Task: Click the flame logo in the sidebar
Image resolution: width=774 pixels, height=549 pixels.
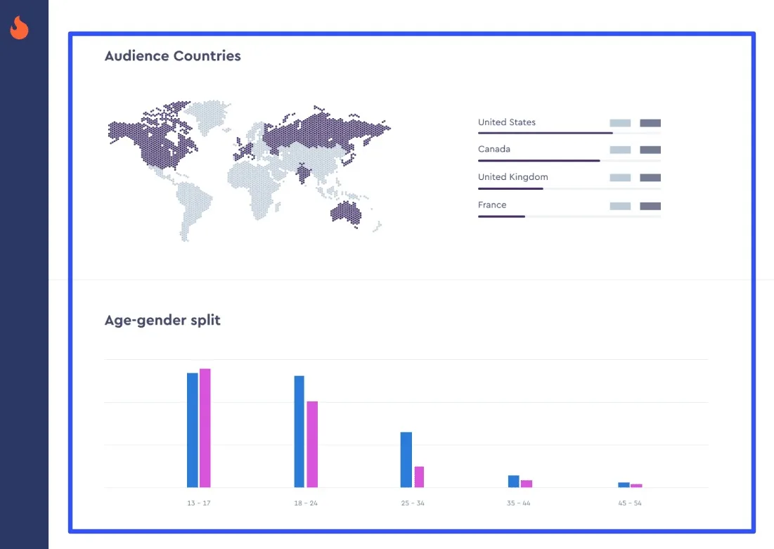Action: [20, 28]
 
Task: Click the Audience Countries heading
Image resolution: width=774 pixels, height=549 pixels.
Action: [172, 56]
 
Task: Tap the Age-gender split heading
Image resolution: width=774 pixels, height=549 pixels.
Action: [162, 321]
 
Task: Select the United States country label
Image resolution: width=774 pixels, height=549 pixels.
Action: [506, 122]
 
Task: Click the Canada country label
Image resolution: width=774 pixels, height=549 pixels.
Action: [494, 149]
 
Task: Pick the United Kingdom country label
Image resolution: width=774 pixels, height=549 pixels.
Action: [512, 177]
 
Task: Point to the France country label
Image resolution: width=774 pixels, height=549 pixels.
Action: [492, 205]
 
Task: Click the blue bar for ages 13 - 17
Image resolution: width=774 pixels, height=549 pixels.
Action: [192, 429]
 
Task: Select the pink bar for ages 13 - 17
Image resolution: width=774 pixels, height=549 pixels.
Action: [205, 427]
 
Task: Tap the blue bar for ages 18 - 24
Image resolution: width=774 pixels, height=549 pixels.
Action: [299, 431]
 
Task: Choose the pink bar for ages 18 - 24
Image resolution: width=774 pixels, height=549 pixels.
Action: [312, 444]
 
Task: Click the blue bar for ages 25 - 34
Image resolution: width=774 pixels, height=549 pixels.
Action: [406, 459]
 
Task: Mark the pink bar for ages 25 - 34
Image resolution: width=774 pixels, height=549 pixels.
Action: [419, 477]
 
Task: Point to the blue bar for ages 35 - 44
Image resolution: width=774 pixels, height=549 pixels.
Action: [513, 481]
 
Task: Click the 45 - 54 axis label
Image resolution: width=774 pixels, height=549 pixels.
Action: [629, 503]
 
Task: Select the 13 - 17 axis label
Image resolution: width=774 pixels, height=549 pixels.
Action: [198, 503]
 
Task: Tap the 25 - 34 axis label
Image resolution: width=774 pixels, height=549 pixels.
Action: [413, 503]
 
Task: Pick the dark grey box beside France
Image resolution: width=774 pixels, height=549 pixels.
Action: [650, 206]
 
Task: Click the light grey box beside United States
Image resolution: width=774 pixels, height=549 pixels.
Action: [620, 123]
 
